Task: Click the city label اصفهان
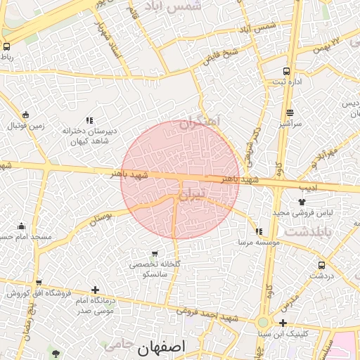click(162, 347)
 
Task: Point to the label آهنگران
click(200, 122)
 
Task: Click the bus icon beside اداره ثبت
click(286, 71)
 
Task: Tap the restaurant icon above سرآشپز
click(290, 112)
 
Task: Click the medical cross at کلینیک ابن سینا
click(282, 323)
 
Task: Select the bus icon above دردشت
click(321, 265)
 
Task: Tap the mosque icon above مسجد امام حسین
click(21, 226)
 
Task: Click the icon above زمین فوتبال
click(26, 115)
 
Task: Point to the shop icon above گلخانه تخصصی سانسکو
click(155, 253)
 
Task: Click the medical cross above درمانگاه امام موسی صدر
click(95, 289)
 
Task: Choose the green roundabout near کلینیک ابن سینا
click(263, 322)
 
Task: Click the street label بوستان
click(101, 219)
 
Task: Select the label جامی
click(117, 345)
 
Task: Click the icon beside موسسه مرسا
click(259, 231)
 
